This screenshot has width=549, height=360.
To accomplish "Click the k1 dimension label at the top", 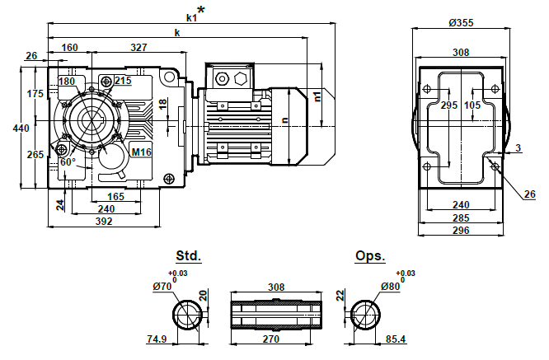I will click(x=191, y=16).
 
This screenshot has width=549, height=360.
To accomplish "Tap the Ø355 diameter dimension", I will click(x=461, y=22).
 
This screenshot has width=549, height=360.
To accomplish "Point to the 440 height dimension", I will click(x=20, y=128).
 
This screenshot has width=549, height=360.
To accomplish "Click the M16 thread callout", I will click(x=142, y=152).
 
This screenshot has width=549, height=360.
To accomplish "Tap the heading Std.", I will click(x=188, y=255).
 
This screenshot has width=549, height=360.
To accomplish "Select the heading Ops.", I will click(x=370, y=255).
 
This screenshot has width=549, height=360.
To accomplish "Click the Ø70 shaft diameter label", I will click(x=162, y=287).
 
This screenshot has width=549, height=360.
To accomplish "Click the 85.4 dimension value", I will click(x=396, y=339).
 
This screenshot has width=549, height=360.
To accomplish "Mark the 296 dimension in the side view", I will click(x=461, y=231).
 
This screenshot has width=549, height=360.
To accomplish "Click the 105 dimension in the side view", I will click(x=472, y=105).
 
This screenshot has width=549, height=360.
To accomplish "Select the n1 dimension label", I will click(x=317, y=96).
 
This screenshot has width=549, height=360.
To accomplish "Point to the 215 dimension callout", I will click(x=123, y=81).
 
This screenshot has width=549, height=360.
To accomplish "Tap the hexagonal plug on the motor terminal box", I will click(x=240, y=78).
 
